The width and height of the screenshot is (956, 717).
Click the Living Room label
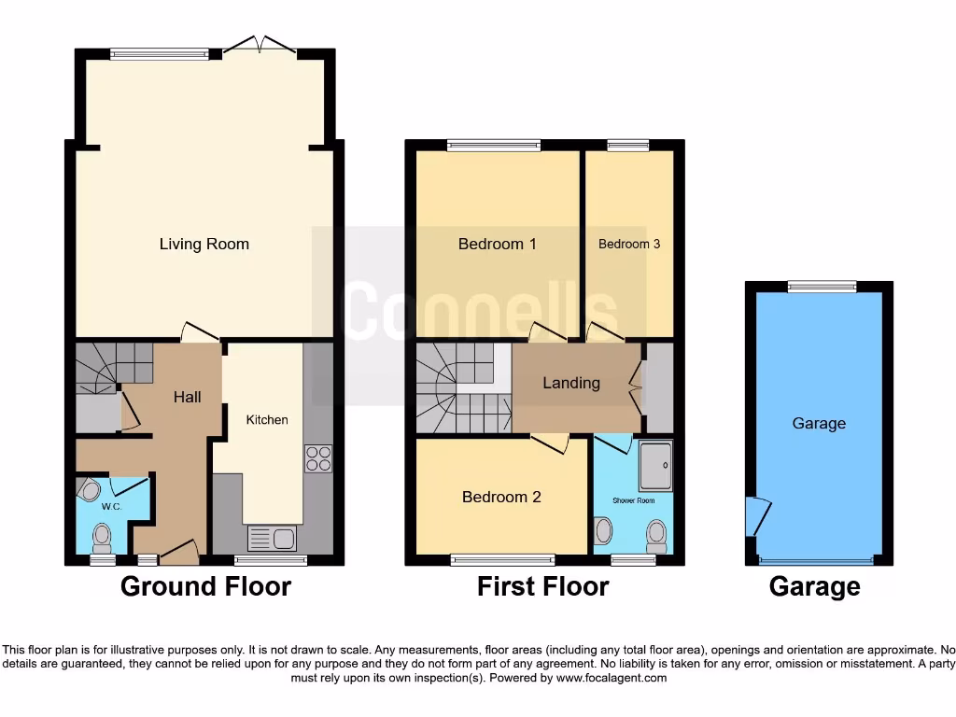(204, 245)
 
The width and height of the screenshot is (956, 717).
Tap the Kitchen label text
(267, 420)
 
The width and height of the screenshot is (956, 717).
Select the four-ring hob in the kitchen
(317, 458)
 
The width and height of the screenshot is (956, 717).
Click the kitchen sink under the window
(272, 538)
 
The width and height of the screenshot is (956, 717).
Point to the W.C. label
(112, 507)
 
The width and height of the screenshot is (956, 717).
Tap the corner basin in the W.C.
(90, 490)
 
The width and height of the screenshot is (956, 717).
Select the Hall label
(188, 397)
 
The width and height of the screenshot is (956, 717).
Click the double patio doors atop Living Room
(260, 45)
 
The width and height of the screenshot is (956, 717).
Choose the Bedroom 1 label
(497, 245)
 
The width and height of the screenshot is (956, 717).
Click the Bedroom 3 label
(629, 245)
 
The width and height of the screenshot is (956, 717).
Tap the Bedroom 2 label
(501, 497)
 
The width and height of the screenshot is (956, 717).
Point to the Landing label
(571, 383)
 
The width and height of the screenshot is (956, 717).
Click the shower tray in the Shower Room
(655, 465)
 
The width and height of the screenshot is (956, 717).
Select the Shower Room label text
(634, 500)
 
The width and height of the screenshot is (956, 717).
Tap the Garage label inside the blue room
(819, 424)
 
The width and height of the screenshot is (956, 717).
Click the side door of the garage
(756, 516)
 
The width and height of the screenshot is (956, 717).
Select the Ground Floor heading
(205, 586)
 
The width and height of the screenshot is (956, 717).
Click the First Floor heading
(542, 586)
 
